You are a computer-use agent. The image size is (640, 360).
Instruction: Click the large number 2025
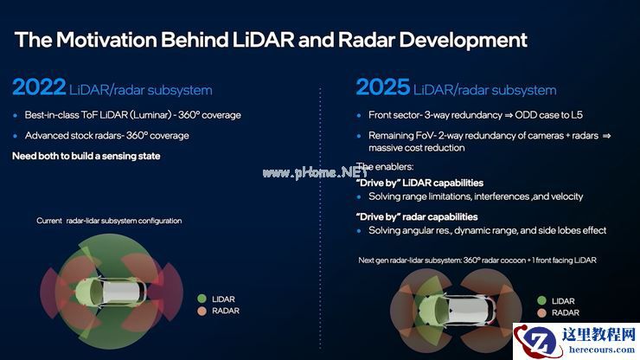[381, 88]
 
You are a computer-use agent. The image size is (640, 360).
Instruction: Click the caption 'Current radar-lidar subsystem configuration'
[109, 221]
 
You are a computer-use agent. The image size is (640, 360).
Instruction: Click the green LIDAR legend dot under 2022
[202, 298]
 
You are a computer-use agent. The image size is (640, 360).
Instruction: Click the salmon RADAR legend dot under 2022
[202, 311]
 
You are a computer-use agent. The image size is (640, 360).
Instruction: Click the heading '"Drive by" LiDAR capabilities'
[419, 183]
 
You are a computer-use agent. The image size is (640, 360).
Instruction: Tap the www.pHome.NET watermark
[321, 172]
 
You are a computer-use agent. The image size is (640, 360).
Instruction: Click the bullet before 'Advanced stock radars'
[15, 136]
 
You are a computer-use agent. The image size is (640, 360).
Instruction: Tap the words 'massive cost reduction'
[413, 149]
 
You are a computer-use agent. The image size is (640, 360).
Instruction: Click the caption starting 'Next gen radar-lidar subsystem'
[477, 260]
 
